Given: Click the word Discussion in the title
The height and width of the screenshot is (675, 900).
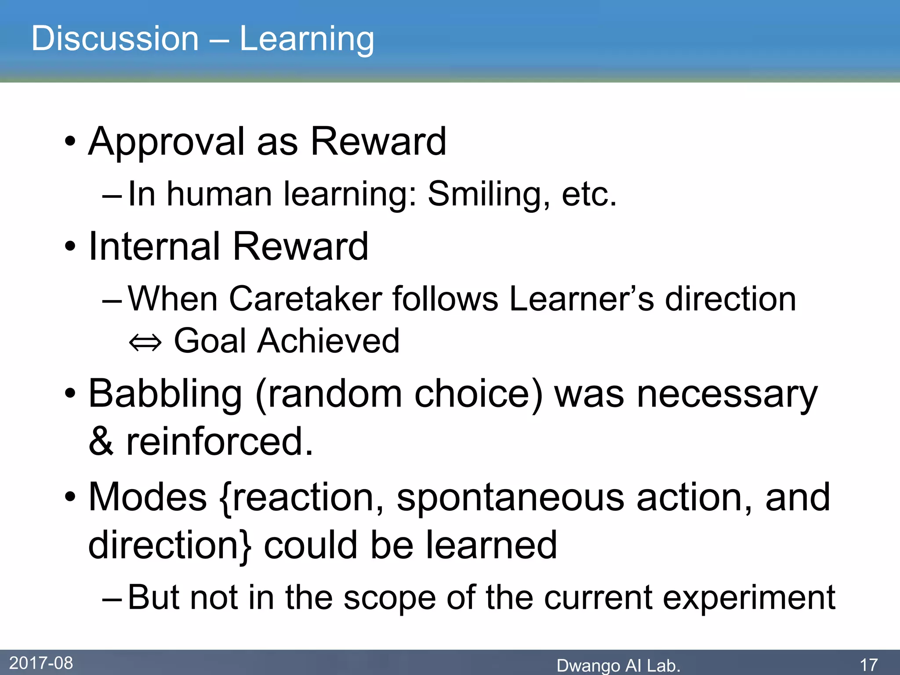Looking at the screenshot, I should pos(115,39).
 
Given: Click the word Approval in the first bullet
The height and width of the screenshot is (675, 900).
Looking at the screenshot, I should pos(166,142).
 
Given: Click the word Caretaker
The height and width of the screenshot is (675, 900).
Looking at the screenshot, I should pos(305,299).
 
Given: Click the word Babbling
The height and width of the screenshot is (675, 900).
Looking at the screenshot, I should pos(165,395).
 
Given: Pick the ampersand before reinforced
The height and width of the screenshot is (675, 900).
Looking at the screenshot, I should pos(101,441).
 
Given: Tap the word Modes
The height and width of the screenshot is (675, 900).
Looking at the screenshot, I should pos(148,497).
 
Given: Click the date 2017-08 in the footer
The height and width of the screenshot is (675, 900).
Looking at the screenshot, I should pos(41,663).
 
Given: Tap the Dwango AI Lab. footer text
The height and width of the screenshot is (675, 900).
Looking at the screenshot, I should pos(618,665).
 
